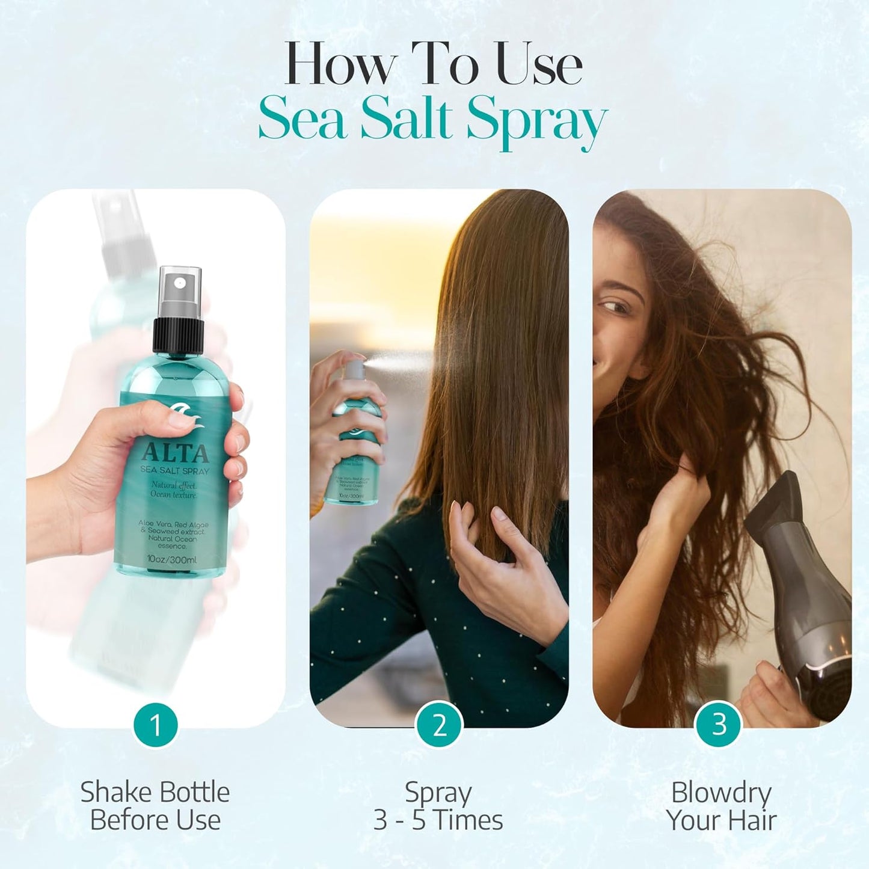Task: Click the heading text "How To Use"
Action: [433, 64]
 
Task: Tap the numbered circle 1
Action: [156, 724]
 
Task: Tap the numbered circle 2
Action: [439, 724]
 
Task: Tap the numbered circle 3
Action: [719, 724]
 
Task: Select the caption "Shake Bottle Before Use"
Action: [155, 806]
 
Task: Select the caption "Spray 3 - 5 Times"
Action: [438, 806]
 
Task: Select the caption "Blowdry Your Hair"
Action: [720, 806]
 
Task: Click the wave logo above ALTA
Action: [181, 416]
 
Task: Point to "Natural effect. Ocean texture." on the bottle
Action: [174, 490]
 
